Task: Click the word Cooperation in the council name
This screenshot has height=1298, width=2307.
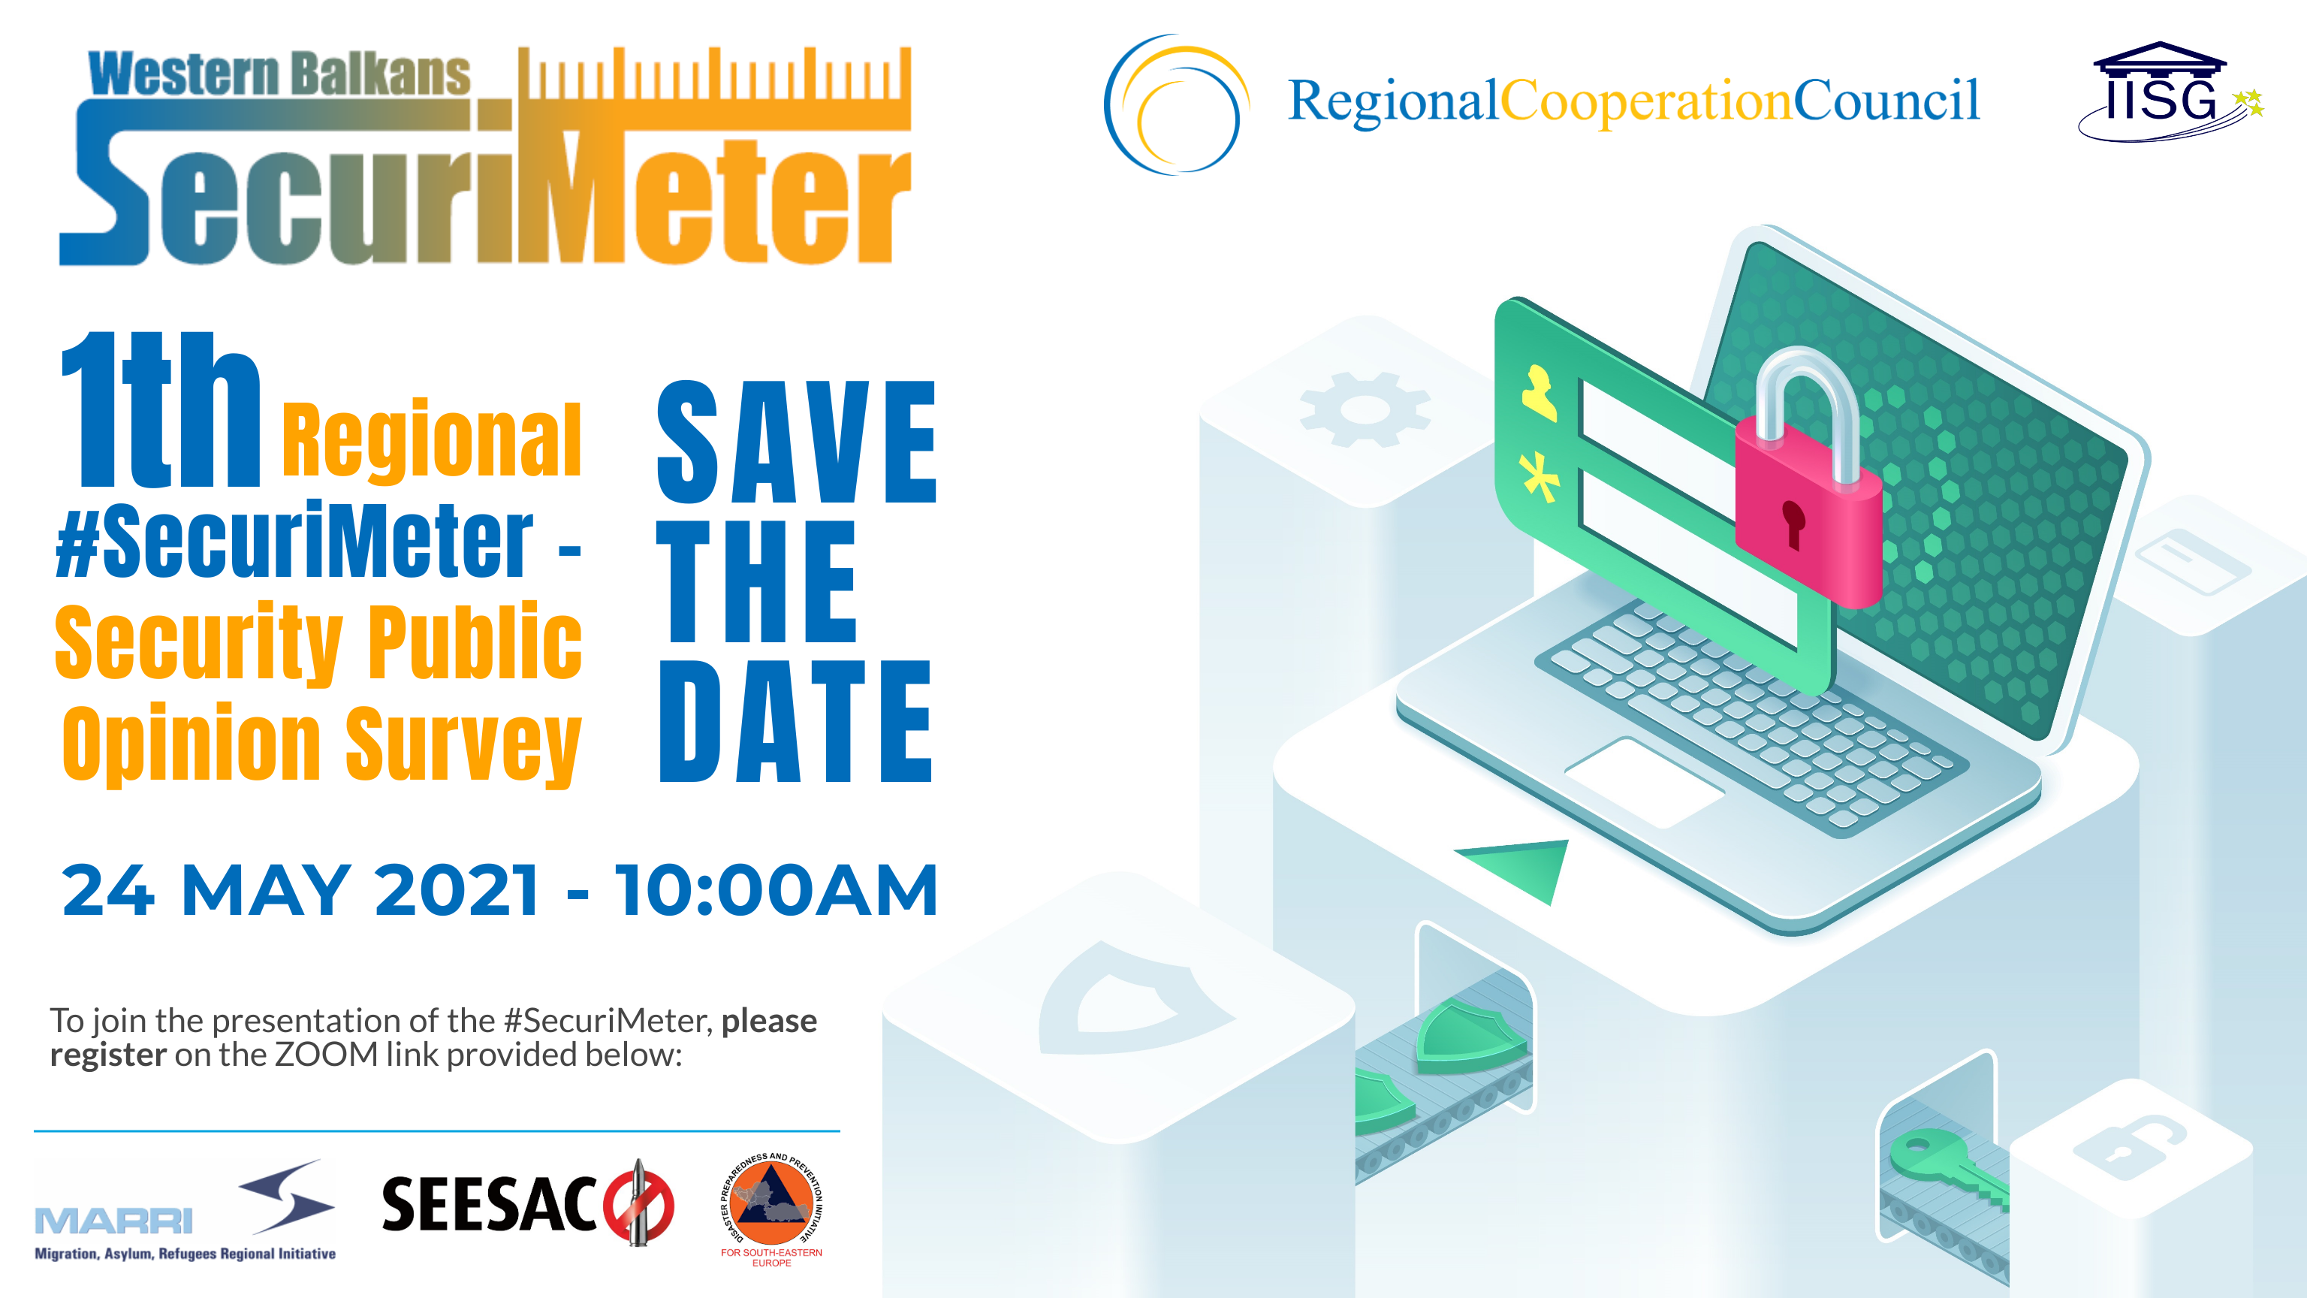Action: click(x=1646, y=101)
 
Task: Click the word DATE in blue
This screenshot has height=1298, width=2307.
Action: click(x=795, y=721)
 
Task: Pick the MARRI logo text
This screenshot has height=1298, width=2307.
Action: click(x=113, y=1221)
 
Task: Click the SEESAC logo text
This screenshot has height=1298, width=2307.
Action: click(x=489, y=1205)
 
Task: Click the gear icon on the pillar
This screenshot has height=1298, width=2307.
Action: click(x=1365, y=409)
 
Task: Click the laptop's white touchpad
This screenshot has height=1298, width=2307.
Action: click(x=1645, y=782)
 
